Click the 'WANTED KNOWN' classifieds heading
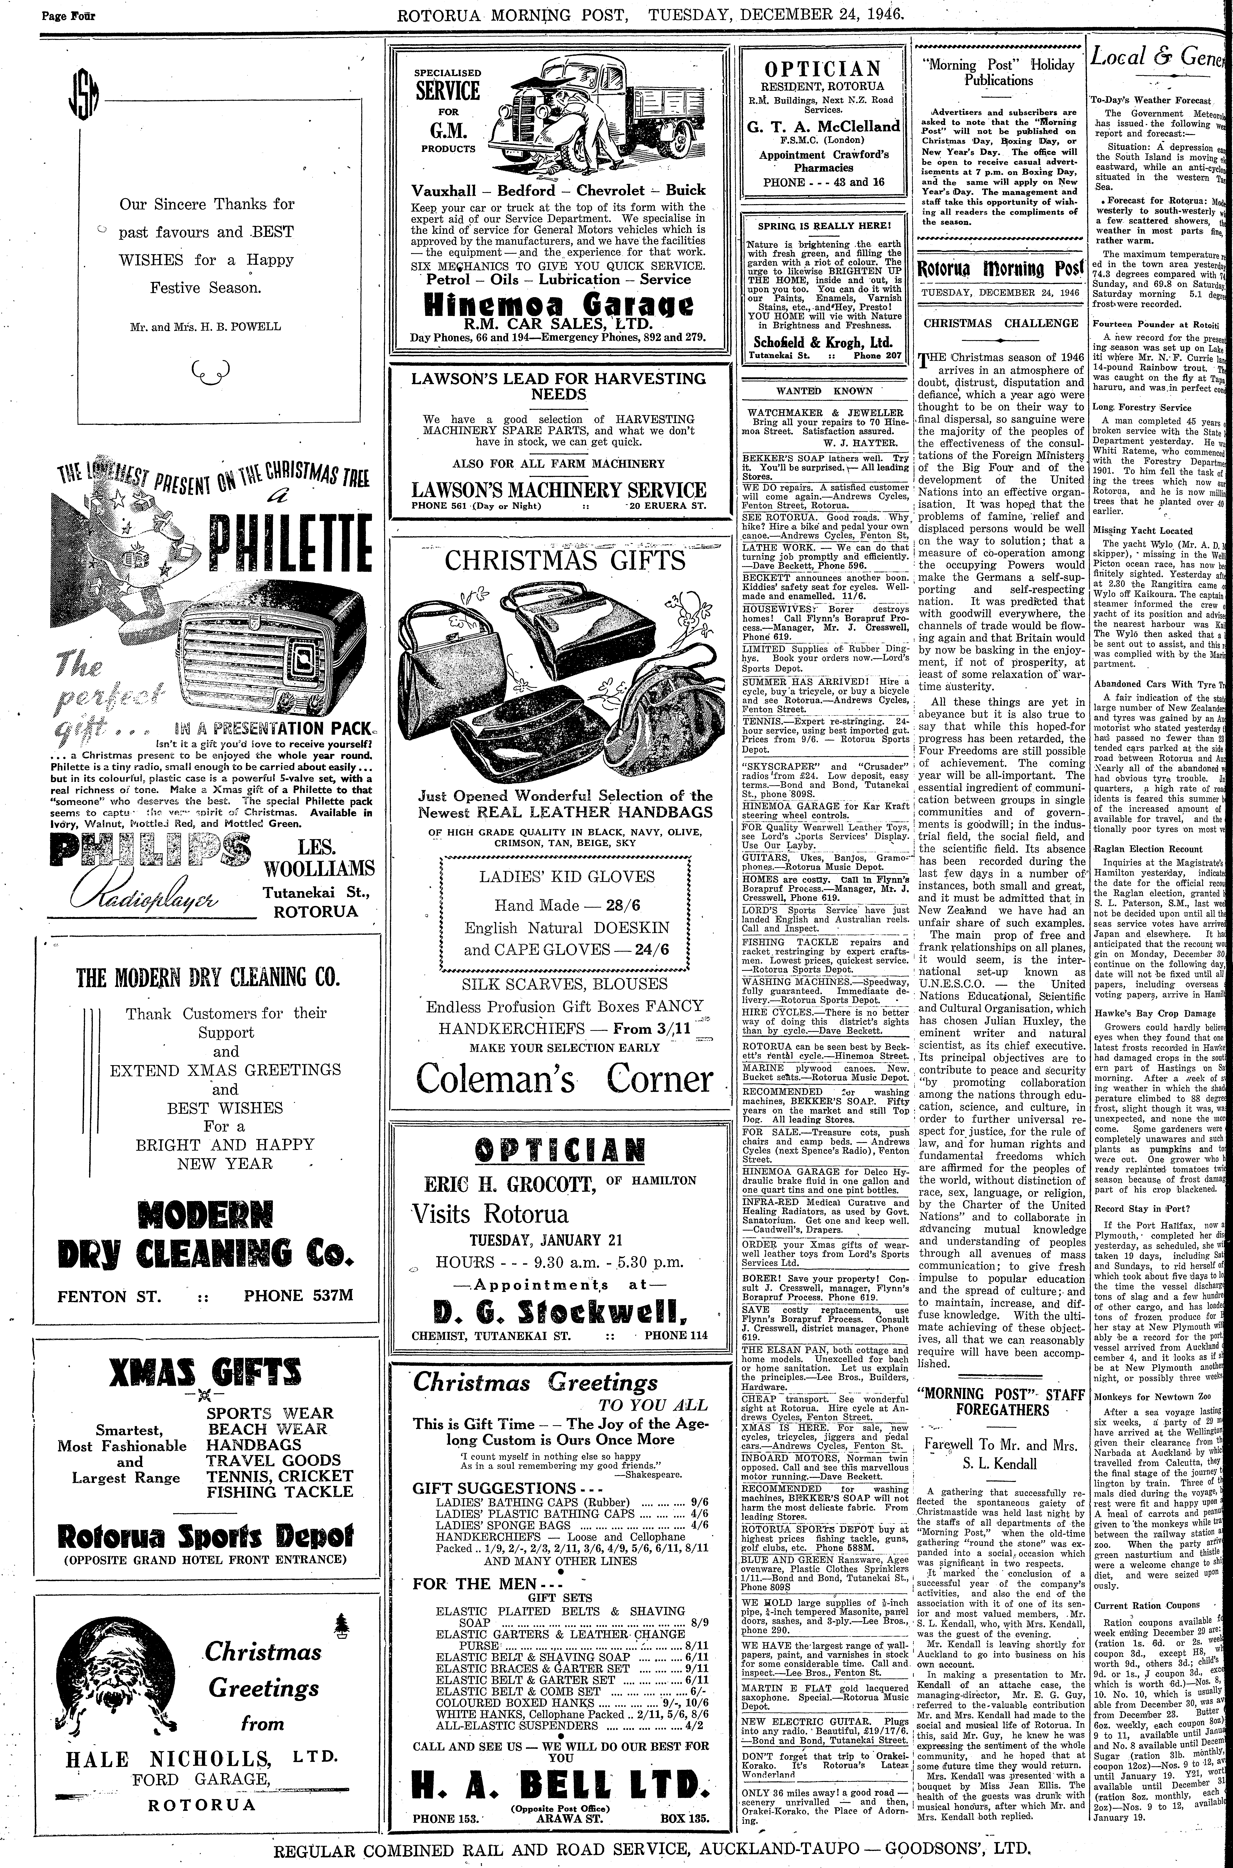click(824, 390)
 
